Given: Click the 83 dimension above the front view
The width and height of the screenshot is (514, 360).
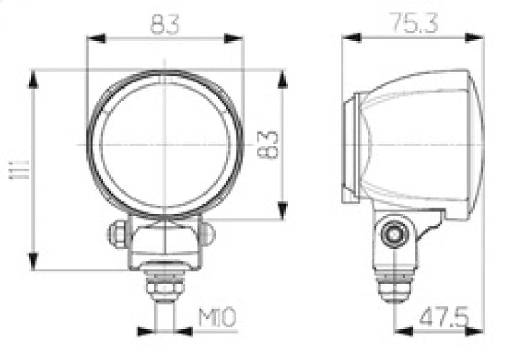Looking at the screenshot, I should pos(165,26).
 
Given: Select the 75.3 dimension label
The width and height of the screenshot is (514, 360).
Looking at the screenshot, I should pos(412,24).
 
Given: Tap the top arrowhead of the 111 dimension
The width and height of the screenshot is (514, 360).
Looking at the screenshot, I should pos(33,78).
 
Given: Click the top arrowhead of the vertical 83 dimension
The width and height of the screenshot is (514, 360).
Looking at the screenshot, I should pos(283,79).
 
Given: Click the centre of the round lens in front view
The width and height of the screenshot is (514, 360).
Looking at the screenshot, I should pos(165,145).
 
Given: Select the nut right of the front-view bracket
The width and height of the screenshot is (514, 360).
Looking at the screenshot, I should pos(207,234).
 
